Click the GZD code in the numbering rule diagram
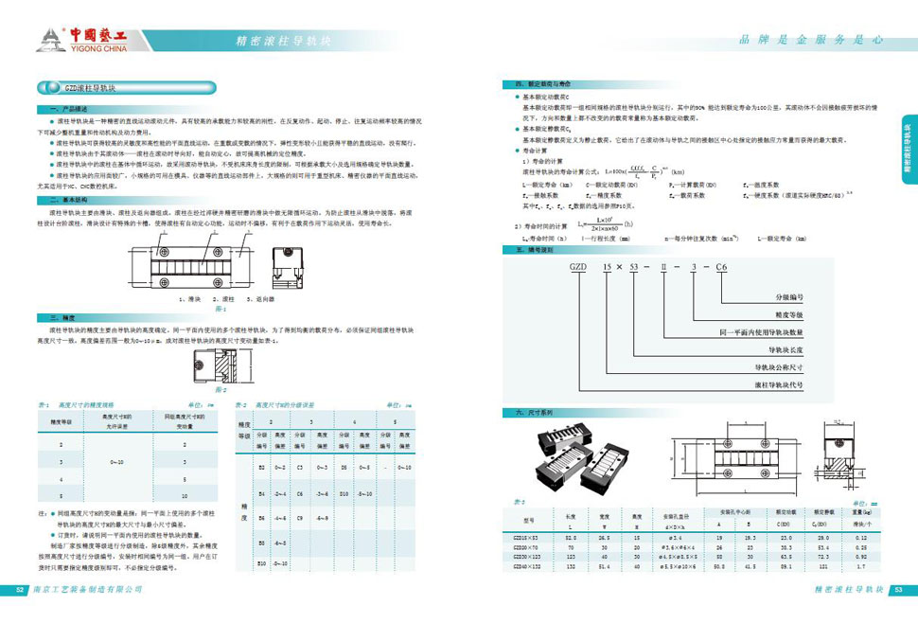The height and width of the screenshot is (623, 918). tap(576, 268)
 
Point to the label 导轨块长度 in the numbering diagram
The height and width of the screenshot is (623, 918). tap(779, 349)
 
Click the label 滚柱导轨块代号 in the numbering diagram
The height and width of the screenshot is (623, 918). tap(779, 385)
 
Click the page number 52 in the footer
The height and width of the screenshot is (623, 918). tap(20, 589)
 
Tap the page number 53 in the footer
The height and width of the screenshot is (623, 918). tap(900, 589)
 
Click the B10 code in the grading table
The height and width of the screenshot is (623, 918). tap(262, 564)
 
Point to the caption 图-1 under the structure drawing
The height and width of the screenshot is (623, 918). tap(221, 308)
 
